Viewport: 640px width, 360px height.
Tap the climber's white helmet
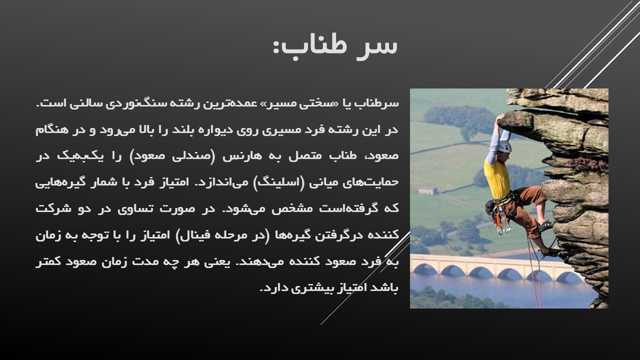[504, 146]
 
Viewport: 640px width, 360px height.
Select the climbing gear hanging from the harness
[501, 220]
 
